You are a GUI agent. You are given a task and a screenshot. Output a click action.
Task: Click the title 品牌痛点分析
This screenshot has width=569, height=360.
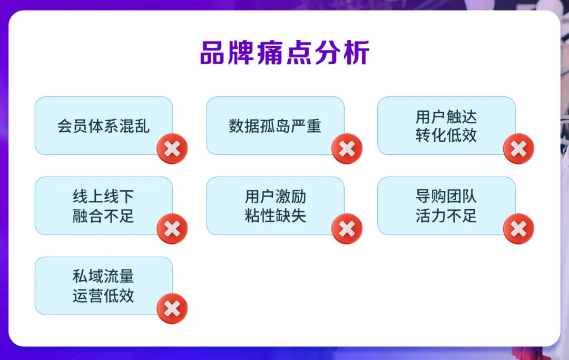click(284, 53)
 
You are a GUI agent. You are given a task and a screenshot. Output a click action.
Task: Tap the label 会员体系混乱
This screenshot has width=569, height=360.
click(103, 126)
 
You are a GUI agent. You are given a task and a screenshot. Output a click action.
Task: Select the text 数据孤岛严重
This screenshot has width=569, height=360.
click(275, 126)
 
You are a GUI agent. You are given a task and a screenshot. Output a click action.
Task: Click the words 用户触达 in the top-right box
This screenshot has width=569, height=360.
click(446, 117)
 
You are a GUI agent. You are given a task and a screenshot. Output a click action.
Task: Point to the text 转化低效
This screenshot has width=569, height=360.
click(446, 135)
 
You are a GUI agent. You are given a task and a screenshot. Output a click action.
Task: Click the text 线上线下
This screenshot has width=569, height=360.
click(103, 197)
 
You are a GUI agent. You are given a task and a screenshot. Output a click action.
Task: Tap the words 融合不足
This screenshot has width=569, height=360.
click(103, 216)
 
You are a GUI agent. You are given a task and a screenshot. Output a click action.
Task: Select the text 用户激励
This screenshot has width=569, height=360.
click(275, 197)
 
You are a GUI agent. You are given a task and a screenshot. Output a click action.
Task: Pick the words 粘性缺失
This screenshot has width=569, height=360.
click(275, 216)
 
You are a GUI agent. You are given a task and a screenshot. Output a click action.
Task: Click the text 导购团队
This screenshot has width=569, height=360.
click(446, 197)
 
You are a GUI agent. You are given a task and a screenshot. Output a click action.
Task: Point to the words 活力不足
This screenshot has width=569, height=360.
click(446, 216)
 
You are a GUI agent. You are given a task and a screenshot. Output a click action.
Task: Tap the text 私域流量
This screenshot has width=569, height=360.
click(103, 277)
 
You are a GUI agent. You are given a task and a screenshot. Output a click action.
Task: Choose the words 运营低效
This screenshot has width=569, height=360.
click(103, 296)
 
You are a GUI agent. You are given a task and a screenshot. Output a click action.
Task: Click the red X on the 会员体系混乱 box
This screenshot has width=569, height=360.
click(172, 149)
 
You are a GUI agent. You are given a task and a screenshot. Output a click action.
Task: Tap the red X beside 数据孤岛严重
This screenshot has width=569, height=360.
click(347, 149)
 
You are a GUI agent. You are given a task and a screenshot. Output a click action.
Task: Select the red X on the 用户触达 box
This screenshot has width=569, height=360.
click(518, 149)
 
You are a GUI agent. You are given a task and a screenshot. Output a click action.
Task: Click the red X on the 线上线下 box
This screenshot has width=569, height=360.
click(172, 229)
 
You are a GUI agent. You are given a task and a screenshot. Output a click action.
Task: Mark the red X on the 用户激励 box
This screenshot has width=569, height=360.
click(347, 229)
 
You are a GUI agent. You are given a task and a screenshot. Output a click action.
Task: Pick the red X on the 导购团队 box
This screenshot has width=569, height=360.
click(518, 229)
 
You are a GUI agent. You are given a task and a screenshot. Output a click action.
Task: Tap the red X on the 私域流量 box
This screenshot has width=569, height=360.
click(172, 308)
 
